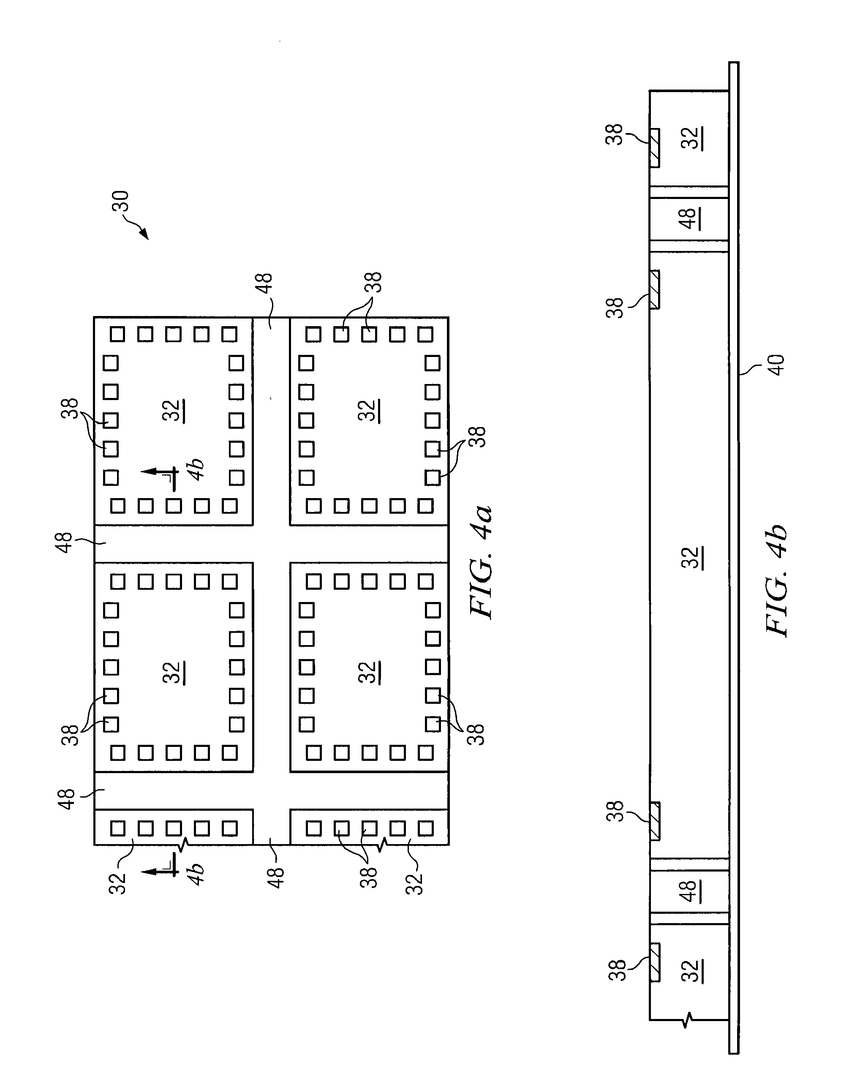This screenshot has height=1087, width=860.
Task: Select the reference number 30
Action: tap(121, 201)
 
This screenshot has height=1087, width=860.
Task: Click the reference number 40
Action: tap(777, 365)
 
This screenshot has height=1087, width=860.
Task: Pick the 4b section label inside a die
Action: tap(196, 469)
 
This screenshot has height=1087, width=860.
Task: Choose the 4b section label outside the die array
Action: tap(196, 874)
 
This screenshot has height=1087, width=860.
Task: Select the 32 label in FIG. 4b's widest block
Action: tap(692, 558)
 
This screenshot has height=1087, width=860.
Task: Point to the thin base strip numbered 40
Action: tap(734, 554)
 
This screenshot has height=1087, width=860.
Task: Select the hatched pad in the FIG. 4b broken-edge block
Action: tap(655, 963)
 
